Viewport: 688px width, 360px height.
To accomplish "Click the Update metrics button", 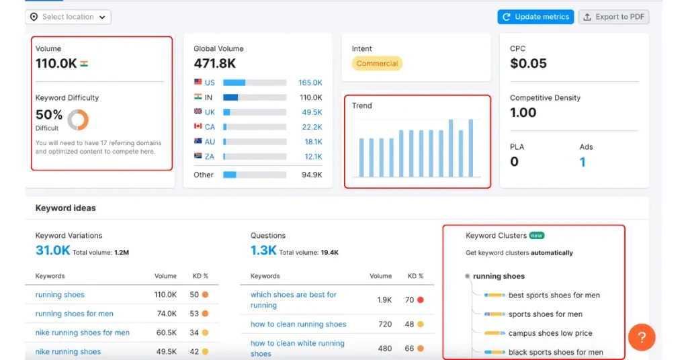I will pyautogui.click(x=535, y=17).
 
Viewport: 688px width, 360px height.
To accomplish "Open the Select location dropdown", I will pyautogui.click(x=68, y=17).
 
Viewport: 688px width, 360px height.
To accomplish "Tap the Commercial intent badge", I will pyautogui.click(x=377, y=64).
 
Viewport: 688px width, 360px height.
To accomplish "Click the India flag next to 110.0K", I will pyautogui.click(x=84, y=64).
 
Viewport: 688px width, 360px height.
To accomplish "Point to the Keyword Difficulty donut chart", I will pyautogui.click(x=78, y=120).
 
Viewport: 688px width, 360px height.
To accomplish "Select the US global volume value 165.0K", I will pyautogui.click(x=310, y=83).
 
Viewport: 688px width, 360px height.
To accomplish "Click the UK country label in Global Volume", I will pyautogui.click(x=210, y=112).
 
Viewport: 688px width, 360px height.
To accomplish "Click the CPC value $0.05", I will pyautogui.click(x=528, y=64).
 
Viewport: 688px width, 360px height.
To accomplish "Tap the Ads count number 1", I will pyautogui.click(x=583, y=162).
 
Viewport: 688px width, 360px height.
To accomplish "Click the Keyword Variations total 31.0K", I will pyautogui.click(x=52, y=251).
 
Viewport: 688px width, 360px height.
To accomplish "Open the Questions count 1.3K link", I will pyautogui.click(x=263, y=251).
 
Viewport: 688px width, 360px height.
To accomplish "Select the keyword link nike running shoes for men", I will pyautogui.click(x=82, y=332).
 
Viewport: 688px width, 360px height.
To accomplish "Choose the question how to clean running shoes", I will pyautogui.click(x=298, y=324).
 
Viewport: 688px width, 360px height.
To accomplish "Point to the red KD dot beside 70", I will pyautogui.click(x=421, y=300).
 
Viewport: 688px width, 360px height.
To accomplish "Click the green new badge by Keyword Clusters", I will pyautogui.click(x=536, y=236).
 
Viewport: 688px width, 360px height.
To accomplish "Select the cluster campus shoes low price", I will pyautogui.click(x=550, y=333).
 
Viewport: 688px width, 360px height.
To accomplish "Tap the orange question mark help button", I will pyautogui.click(x=642, y=337).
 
